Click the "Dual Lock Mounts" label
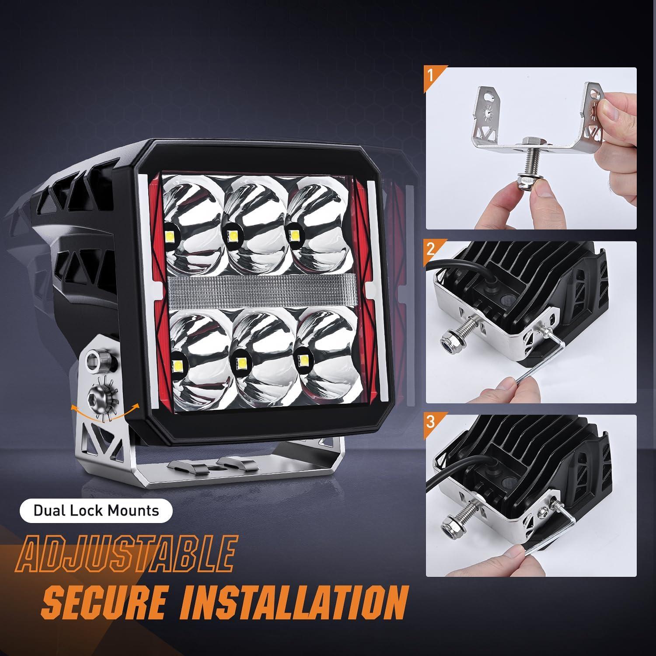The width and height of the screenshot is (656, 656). pyautogui.click(x=96, y=510)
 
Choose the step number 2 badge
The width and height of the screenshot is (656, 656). pyautogui.click(x=431, y=249)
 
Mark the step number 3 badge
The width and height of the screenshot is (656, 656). pyautogui.click(x=431, y=422)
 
